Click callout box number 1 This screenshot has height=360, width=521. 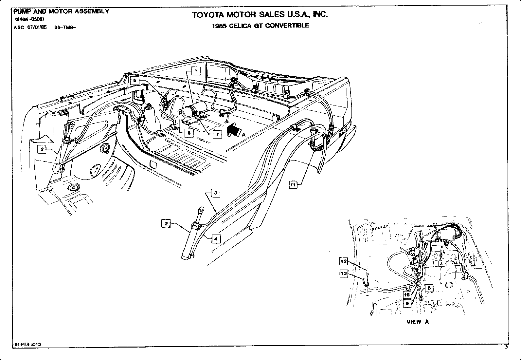(196, 71)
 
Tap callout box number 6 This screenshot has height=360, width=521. (189, 133)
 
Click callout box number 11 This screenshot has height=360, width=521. (293, 185)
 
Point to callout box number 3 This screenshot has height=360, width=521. (216, 193)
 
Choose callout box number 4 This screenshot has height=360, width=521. (216, 239)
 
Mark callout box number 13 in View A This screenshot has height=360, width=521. (344, 261)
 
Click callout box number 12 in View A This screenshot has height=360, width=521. (344, 274)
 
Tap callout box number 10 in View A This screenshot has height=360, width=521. (407, 294)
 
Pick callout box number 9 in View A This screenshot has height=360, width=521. (407, 303)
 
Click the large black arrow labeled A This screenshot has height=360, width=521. (234, 130)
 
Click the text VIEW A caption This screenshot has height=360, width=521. (418, 322)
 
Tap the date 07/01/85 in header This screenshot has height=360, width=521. (38, 28)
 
